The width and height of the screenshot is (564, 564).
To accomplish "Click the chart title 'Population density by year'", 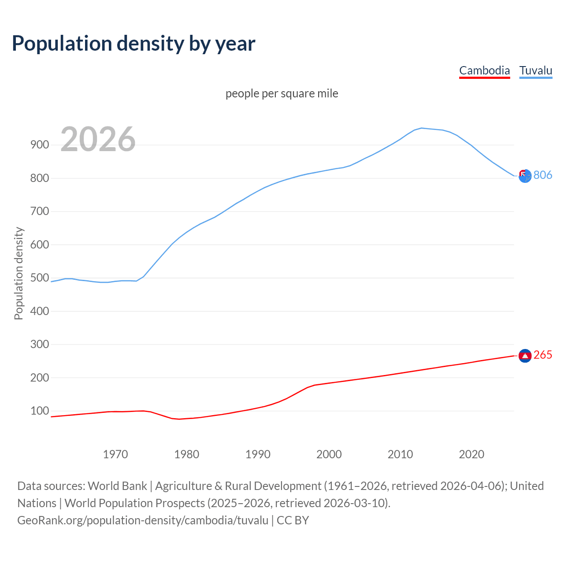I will pos(134,44).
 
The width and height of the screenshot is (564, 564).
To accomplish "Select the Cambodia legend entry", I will pos(484,70).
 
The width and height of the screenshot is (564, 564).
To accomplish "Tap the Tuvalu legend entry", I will pos(535,70).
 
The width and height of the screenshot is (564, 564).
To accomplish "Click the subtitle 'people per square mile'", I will pos(282,93).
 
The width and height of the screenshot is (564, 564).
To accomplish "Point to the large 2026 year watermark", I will pos(98,139).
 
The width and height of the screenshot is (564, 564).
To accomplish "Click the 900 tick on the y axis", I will pos(40,145).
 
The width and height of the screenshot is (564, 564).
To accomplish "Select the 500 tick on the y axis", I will pos(40,278).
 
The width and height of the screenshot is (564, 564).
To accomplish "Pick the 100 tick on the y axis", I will pos(40,411).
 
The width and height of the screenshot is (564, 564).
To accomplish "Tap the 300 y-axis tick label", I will pos(40,345).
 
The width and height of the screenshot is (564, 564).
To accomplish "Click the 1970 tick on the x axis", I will pos(115,454).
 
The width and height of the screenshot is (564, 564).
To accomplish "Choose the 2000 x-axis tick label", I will pos(329,454).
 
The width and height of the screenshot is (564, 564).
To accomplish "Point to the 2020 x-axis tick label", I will pos(471,454).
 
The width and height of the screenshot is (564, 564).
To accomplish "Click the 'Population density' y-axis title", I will pos(19,273).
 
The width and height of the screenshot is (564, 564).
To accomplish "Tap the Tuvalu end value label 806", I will pos(543,175).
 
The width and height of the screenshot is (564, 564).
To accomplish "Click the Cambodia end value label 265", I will pos(543,355).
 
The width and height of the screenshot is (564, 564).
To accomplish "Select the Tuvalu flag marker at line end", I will pos(525,176).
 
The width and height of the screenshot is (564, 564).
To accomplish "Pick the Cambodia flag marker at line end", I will pos(525,356).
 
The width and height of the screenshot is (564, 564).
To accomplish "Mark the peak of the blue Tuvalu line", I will pos(421,128).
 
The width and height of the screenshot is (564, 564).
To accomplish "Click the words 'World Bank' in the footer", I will pos(117,486).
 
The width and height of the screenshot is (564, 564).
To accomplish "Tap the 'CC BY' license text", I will pos(293,520).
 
